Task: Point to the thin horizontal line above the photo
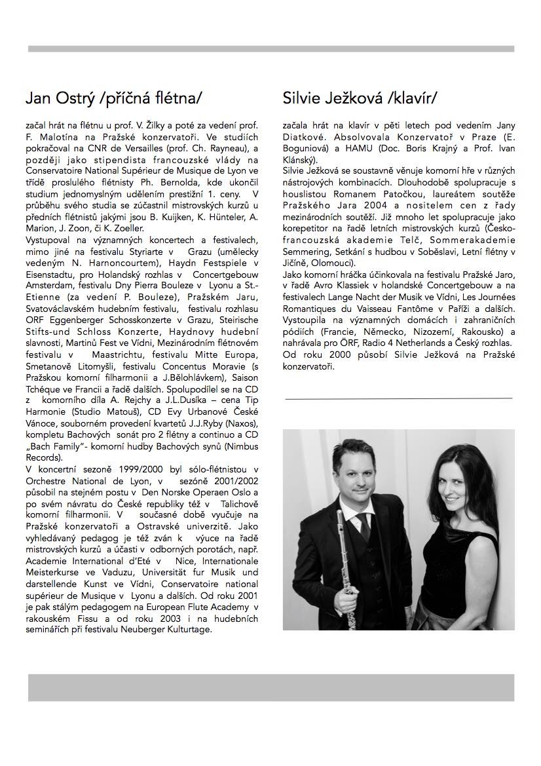coord(398,398)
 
